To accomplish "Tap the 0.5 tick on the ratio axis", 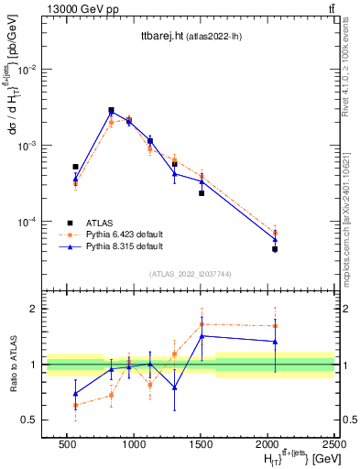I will pyautogui.click(x=29, y=420).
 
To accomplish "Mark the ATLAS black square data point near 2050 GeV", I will pyautogui.click(x=275, y=249).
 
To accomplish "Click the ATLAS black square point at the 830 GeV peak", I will pyautogui.click(x=111, y=110).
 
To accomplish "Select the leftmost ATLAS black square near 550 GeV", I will pyautogui.click(x=75, y=167).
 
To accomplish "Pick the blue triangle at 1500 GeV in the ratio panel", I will pyautogui.click(x=202, y=336).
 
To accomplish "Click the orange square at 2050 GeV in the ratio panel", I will pyautogui.click(x=275, y=325).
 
